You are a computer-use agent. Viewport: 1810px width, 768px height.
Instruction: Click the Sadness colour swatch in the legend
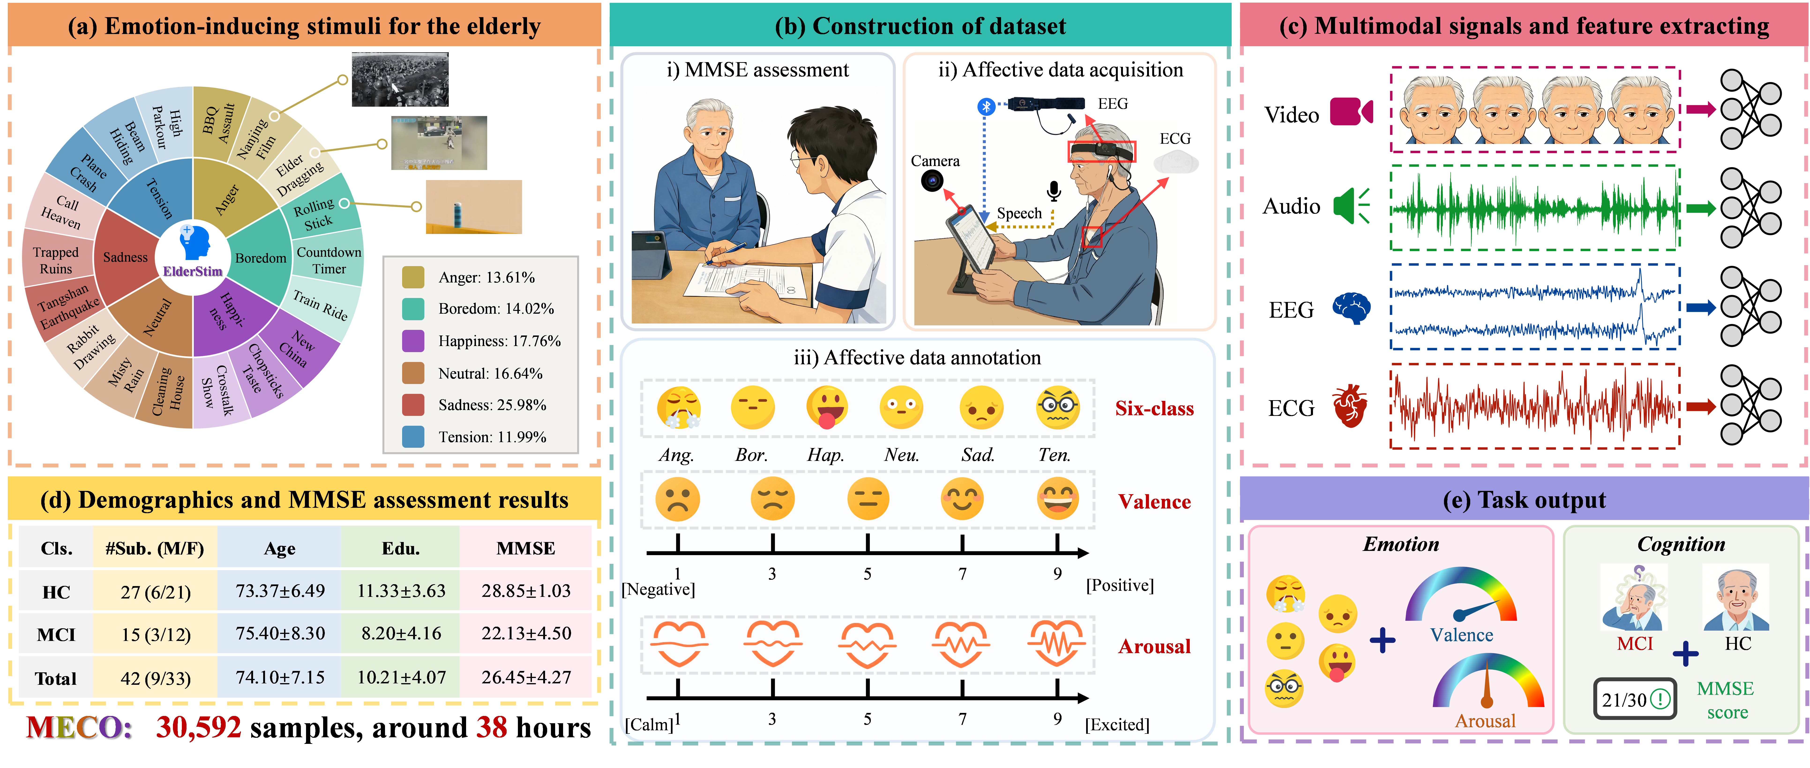pos(413,405)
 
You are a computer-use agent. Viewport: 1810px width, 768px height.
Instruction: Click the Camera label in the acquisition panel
pos(935,161)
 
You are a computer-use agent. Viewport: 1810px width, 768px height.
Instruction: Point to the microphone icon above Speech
pos(1053,191)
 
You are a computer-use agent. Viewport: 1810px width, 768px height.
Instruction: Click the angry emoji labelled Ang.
pos(678,407)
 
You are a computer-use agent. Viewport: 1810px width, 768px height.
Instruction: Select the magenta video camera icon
pos(1350,111)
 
